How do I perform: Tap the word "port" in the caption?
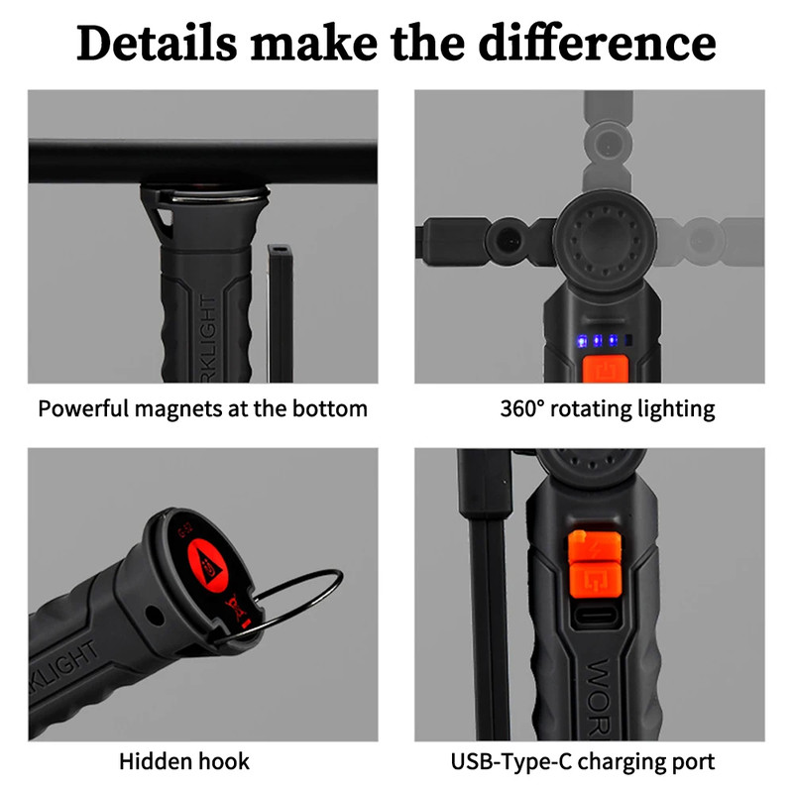[691, 761]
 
